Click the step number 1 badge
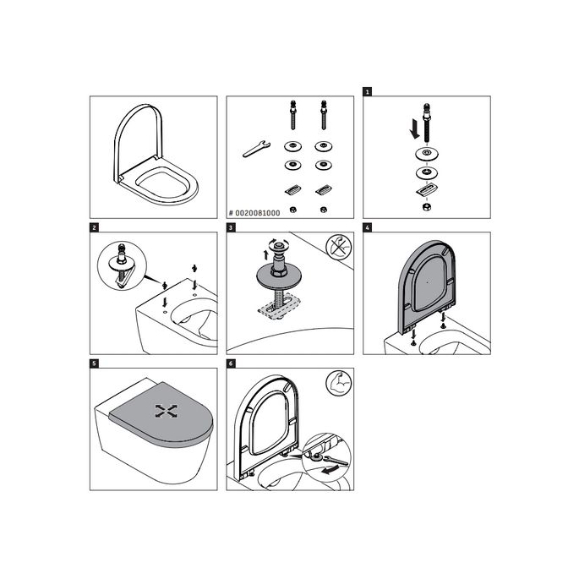tap(368, 90)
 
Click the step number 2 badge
tap(95, 227)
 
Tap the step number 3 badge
tap(231, 227)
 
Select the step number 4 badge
tap(368, 227)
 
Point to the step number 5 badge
tap(95, 363)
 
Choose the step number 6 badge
tap(231, 363)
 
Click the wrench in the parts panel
tap(255, 149)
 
